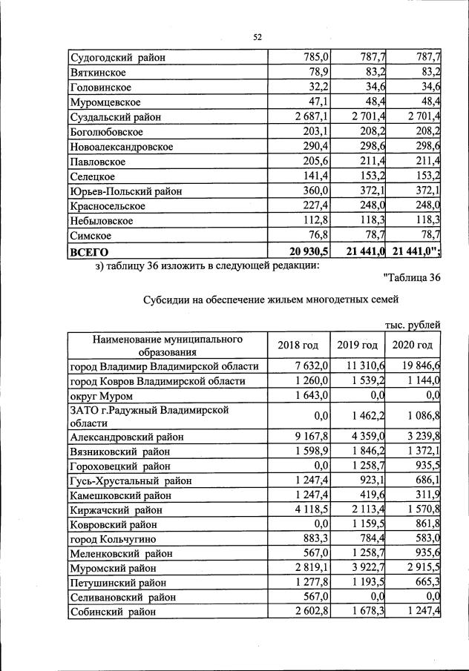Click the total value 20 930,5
[x=306, y=251]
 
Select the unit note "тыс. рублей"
[x=413, y=324]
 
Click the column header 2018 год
[x=298, y=346]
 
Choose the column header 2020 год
[x=412, y=346]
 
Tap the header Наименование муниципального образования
[x=168, y=346]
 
